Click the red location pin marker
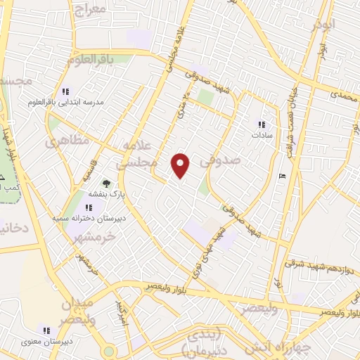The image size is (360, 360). click(181, 165)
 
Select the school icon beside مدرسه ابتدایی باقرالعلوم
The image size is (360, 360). click(66, 91)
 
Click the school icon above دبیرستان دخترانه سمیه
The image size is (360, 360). click(89, 207)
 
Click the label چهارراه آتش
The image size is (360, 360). click(271, 347)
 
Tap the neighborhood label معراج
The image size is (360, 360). click(89, 9)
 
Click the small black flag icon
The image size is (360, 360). click(281, 175)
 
